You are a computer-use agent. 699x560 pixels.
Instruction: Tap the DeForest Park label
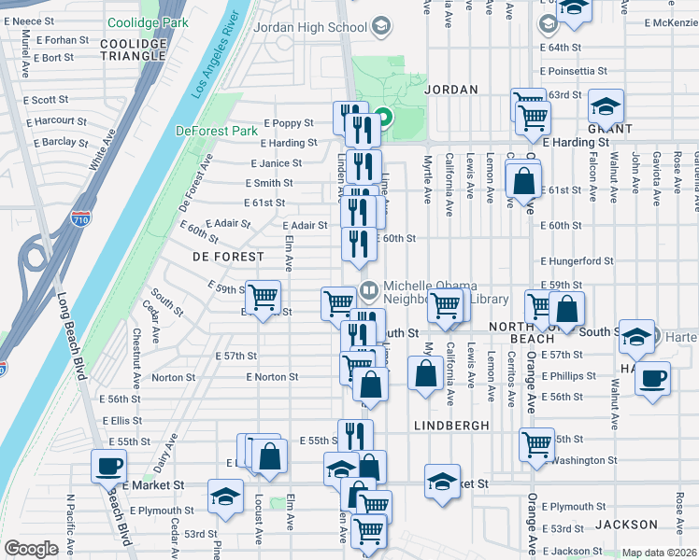coord(216,132)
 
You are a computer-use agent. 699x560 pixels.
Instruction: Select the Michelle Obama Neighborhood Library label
coord(445,291)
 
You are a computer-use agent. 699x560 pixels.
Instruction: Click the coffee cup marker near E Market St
coord(108,465)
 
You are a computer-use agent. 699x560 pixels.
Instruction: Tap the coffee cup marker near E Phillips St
coord(653,378)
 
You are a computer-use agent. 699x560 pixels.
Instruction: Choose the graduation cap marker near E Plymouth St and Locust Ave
coord(225,496)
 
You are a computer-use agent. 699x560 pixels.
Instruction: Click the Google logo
coord(31,549)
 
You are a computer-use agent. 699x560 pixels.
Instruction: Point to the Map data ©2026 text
coord(659,553)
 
